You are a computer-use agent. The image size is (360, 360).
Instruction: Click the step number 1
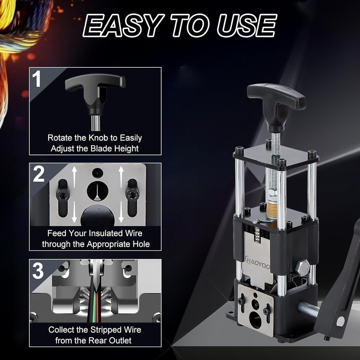pos(37,80)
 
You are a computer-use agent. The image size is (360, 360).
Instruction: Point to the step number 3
pos(39,271)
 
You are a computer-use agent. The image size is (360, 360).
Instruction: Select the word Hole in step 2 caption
pos(140,244)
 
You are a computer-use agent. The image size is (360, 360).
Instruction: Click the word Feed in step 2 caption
pos(57,233)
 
